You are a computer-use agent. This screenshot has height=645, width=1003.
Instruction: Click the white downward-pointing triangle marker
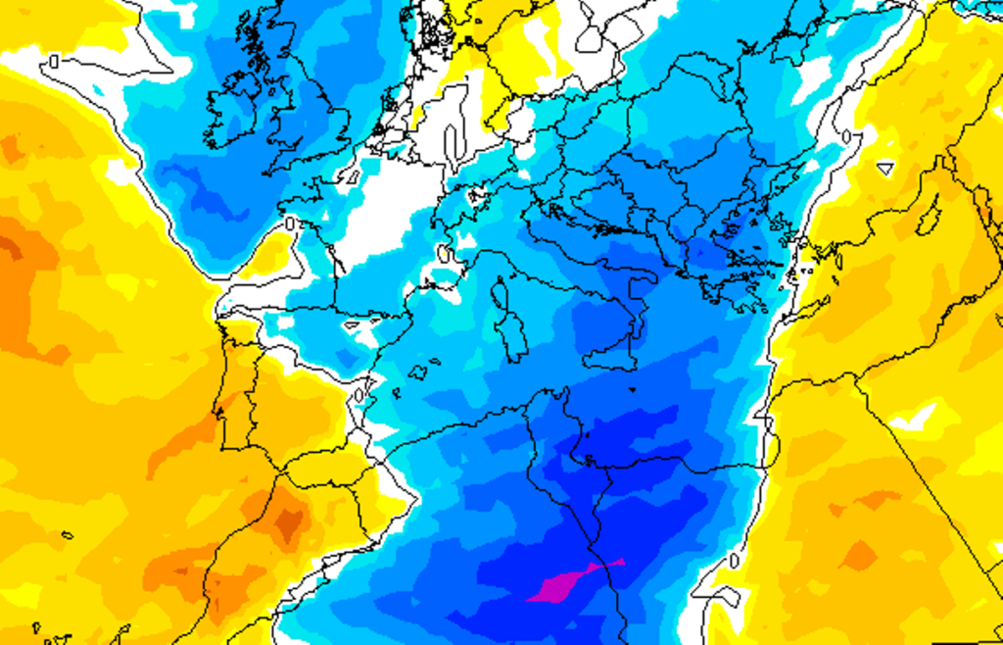(884, 168)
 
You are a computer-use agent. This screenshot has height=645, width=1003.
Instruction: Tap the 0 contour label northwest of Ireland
(54, 61)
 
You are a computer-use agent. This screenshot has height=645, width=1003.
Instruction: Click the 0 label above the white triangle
(847, 136)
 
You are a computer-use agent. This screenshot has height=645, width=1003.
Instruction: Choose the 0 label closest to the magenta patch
(735, 561)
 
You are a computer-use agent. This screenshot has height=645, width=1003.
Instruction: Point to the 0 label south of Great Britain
(290, 223)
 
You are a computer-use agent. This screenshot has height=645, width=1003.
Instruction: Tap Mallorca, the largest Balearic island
(419, 372)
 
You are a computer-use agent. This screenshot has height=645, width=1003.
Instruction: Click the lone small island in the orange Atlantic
(67, 535)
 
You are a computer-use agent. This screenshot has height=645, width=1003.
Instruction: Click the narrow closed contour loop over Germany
(454, 143)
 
